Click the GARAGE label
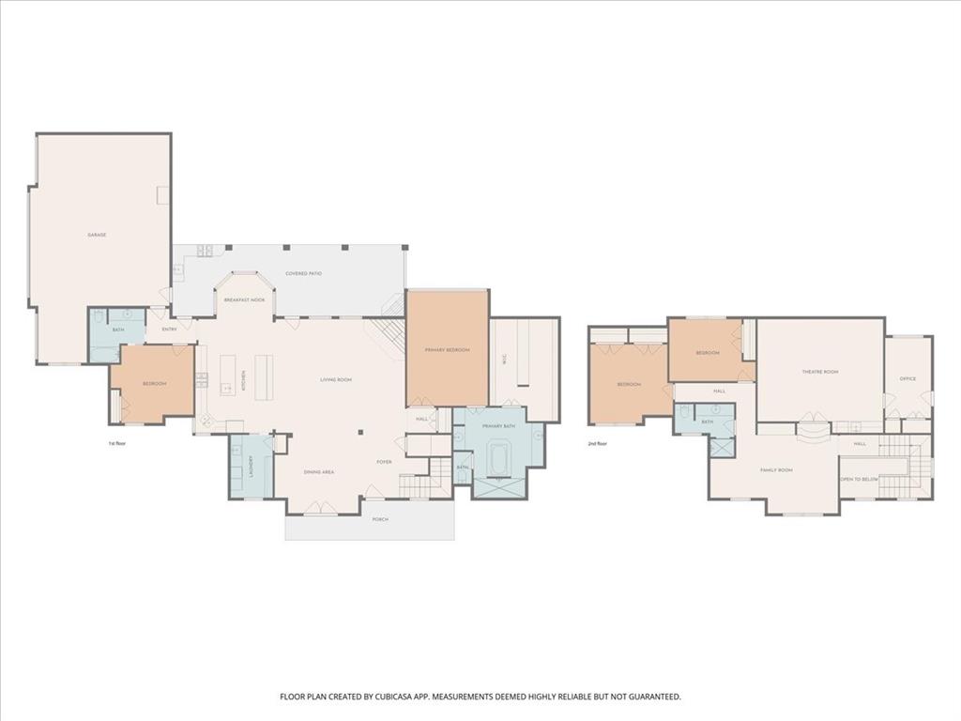tap(96, 235)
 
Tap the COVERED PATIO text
tap(304, 274)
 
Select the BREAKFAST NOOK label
tap(244, 299)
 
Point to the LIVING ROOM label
tap(335, 379)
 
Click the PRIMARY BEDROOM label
tap(447, 350)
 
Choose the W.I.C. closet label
tap(503, 370)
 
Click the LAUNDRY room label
tap(251, 467)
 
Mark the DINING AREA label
tap(319, 472)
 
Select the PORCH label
tap(380, 519)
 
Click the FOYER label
tap(384, 462)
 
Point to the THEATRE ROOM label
tap(819, 372)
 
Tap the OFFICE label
tap(908, 379)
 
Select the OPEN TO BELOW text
tap(858, 479)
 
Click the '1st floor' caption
tap(117, 442)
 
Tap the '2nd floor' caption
tap(598, 443)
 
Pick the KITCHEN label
tap(244, 380)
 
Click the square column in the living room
tap(361, 433)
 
